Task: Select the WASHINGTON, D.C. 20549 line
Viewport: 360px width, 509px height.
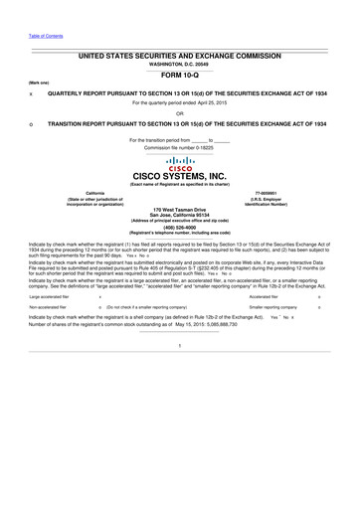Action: [x=180, y=62]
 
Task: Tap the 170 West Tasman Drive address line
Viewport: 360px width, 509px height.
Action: [x=180, y=210]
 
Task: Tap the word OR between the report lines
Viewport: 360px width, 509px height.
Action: [x=180, y=112]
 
